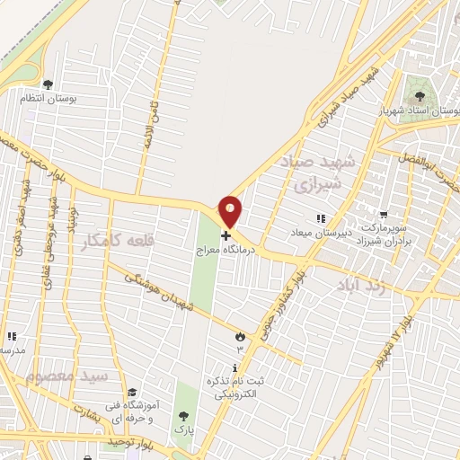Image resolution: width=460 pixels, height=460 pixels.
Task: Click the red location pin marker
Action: coord(231,210)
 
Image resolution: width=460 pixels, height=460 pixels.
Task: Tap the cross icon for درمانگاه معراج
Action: coord(225,234)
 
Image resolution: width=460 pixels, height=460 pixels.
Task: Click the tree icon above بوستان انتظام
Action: coord(60,84)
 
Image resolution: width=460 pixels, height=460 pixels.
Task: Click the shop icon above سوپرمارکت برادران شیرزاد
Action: coord(385,216)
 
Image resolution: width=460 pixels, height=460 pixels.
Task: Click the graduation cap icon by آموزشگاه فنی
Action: coord(131,392)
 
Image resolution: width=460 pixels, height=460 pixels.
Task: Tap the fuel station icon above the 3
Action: coord(239,335)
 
